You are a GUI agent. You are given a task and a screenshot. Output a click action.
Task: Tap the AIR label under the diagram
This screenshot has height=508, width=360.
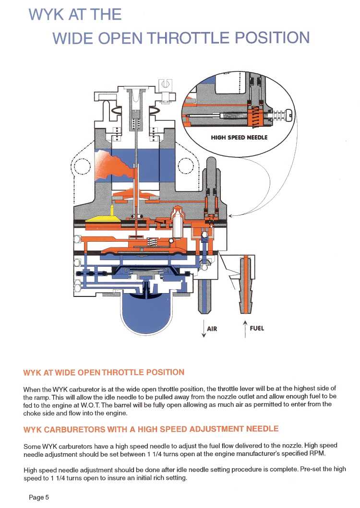tap(212, 329)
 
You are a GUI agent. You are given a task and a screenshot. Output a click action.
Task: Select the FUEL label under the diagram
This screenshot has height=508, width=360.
tap(257, 329)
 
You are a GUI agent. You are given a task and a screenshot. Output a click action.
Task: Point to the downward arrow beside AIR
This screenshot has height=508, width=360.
tap(204, 330)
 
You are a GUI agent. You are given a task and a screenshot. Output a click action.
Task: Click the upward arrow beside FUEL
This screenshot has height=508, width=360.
tap(245, 329)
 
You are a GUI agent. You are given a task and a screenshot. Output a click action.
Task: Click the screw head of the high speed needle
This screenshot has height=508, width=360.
tap(289, 116)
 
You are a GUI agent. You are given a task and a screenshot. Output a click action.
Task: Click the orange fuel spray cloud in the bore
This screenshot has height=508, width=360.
tap(115, 163)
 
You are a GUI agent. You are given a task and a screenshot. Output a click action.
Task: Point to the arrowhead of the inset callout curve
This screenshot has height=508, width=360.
tap(230, 215)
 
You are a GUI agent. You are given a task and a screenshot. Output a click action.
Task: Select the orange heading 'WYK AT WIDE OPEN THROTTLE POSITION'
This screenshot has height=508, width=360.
tap(103, 372)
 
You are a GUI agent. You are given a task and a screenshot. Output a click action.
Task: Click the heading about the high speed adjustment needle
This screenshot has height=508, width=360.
tap(151, 428)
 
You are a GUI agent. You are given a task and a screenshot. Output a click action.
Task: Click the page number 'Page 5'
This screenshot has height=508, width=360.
tap(39, 497)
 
